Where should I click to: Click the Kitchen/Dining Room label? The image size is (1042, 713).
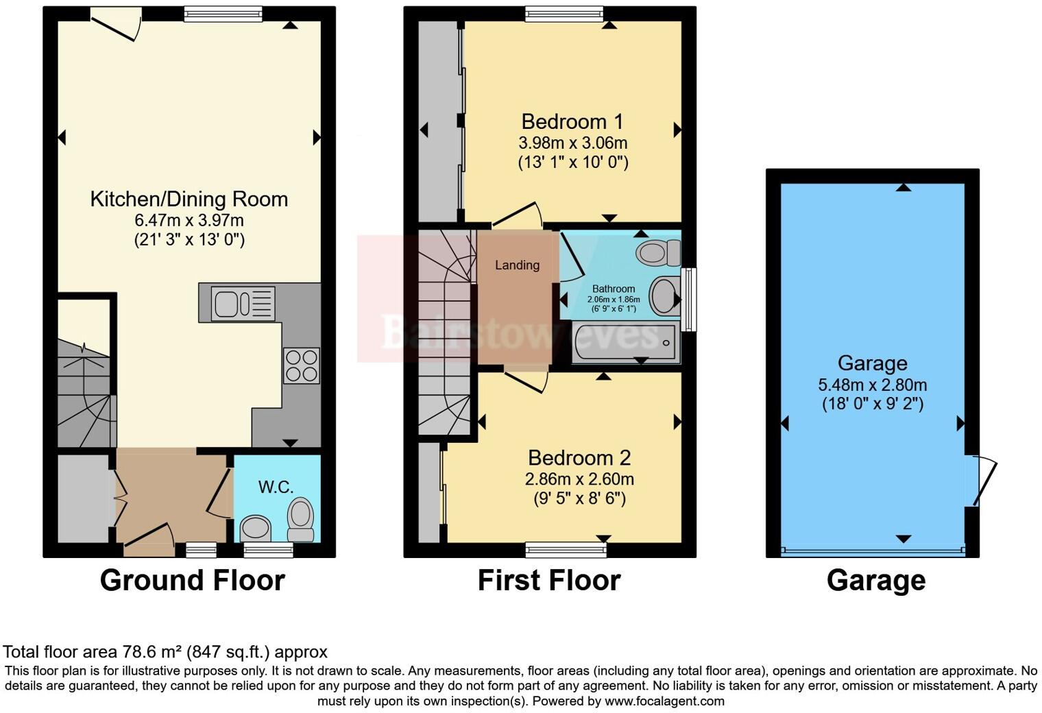(189, 200)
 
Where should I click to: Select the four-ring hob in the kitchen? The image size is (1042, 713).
(302, 366)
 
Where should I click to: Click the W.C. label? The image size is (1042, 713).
(276, 487)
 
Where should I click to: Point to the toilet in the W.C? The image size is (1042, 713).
(300, 520)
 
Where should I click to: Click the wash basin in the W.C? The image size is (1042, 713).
(256, 527)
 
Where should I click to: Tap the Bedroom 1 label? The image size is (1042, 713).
(572, 122)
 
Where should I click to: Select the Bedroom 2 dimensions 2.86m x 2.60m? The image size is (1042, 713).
(579, 479)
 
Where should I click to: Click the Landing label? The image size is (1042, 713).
(517, 265)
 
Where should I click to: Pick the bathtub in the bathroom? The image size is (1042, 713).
(624, 341)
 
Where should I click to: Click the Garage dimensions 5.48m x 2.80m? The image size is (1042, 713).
(872, 385)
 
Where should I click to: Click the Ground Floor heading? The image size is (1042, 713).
(192, 581)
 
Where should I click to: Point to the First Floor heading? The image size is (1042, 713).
(548, 581)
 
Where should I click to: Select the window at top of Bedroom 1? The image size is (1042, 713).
(564, 14)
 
